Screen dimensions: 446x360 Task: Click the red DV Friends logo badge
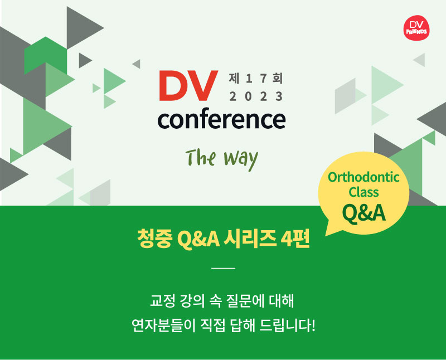pyautogui.click(x=416, y=28)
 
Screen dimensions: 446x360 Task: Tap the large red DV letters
pyautogui.click(x=188, y=86)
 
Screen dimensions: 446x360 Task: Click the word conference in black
pyautogui.click(x=221, y=119)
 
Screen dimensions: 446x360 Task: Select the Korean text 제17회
pyautogui.click(x=256, y=78)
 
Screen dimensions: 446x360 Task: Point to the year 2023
pyautogui.click(x=256, y=96)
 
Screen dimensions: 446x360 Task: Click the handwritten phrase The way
pyautogui.click(x=222, y=159)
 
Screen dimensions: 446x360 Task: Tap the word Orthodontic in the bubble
pyautogui.click(x=363, y=177)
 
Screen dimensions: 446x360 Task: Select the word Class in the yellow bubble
pyautogui.click(x=363, y=192)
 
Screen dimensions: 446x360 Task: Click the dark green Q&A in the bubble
pyautogui.click(x=364, y=213)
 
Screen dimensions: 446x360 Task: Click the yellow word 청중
pyautogui.click(x=154, y=239)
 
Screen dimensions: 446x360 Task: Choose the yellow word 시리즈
pyautogui.click(x=250, y=239)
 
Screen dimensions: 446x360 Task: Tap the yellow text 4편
pyautogui.click(x=295, y=239)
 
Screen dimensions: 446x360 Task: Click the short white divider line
pyautogui.click(x=224, y=268)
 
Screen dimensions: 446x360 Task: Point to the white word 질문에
pyautogui.click(x=244, y=300)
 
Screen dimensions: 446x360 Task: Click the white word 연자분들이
pyautogui.click(x=163, y=325)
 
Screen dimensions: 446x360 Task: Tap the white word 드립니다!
pyautogui.click(x=288, y=325)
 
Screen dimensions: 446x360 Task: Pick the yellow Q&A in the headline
pyautogui.click(x=198, y=239)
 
